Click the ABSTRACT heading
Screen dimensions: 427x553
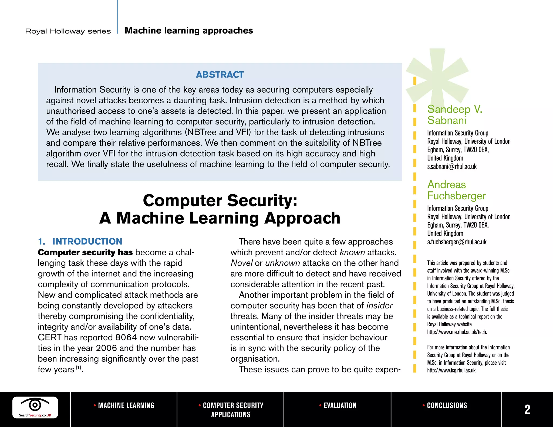(x=220, y=74)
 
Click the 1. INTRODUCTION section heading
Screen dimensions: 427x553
(x=80, y=241)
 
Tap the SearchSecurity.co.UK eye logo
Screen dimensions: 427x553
(x=35, y=407)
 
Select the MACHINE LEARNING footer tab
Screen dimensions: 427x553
(x=124, y=405)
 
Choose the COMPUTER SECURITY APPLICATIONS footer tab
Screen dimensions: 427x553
(x=231, y=410)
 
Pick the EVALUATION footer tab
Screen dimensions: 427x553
(x=338, y=405)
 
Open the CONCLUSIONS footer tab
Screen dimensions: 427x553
(x=445, y=405)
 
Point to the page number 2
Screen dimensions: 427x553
(x=527, y=409)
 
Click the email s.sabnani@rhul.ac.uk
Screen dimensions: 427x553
(x=452, y=167)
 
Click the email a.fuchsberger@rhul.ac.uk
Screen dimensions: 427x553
(x=457, y=242)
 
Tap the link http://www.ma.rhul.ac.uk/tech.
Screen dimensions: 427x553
(x=457, y=332)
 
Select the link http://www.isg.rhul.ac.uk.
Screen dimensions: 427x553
(x=452, y=370)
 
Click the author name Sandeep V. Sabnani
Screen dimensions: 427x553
(x=454, y=114)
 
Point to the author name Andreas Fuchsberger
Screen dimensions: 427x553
(x=456, y=190)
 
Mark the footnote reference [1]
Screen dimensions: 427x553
(x=78, y=368)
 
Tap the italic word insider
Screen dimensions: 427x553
(x=379, y=306)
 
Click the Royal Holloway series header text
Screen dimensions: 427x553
(x=68, y=31)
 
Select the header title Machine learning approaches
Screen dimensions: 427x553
(x=189, y=30)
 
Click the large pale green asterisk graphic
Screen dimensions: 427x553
(x=438, y=76)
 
